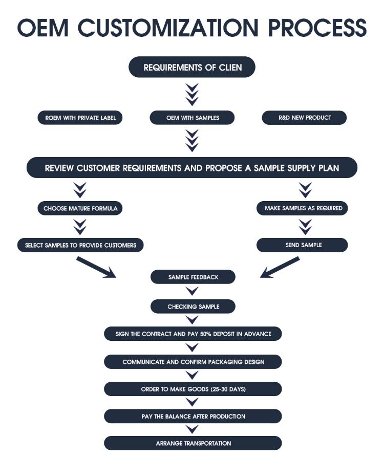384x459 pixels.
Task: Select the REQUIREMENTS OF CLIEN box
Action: point(192,67)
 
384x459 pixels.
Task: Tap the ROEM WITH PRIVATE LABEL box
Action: point(80,118)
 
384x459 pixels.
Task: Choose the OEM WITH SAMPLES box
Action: point(192,118)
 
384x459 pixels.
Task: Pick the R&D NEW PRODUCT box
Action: point(305,118)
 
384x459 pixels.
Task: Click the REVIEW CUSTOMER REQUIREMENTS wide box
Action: point(192,168)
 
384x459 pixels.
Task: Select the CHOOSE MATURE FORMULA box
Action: point(80,208)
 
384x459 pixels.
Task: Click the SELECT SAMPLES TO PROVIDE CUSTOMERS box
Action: point(80,245)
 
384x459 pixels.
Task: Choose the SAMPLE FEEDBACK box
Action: point(193,277)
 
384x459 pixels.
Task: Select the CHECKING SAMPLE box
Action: point(193,307)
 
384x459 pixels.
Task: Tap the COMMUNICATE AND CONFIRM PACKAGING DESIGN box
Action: point(193,362)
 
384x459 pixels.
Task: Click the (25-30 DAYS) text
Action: point(228,389)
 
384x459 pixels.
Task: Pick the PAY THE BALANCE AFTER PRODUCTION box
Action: point(193,417)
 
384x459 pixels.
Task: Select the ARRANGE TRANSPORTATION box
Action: point(193,443)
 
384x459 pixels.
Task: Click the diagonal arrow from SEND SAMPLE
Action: point(280,268)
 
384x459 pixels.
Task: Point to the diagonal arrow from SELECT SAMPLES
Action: point(96,267)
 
